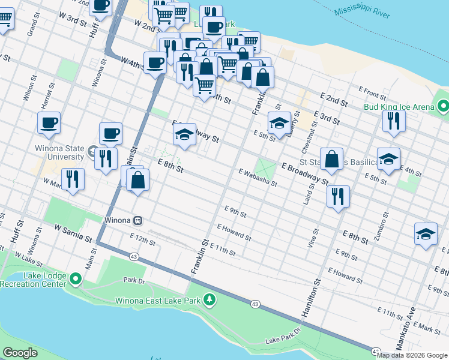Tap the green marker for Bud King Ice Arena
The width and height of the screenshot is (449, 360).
[443, 107]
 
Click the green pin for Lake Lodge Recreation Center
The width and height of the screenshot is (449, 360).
[76, 279]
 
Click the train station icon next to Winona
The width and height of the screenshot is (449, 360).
[138, 220]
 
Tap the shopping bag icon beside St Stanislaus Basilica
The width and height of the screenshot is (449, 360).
[331, 160]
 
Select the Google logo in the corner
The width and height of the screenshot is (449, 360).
[20, 353]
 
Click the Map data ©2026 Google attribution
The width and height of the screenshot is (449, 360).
[412, 355]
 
